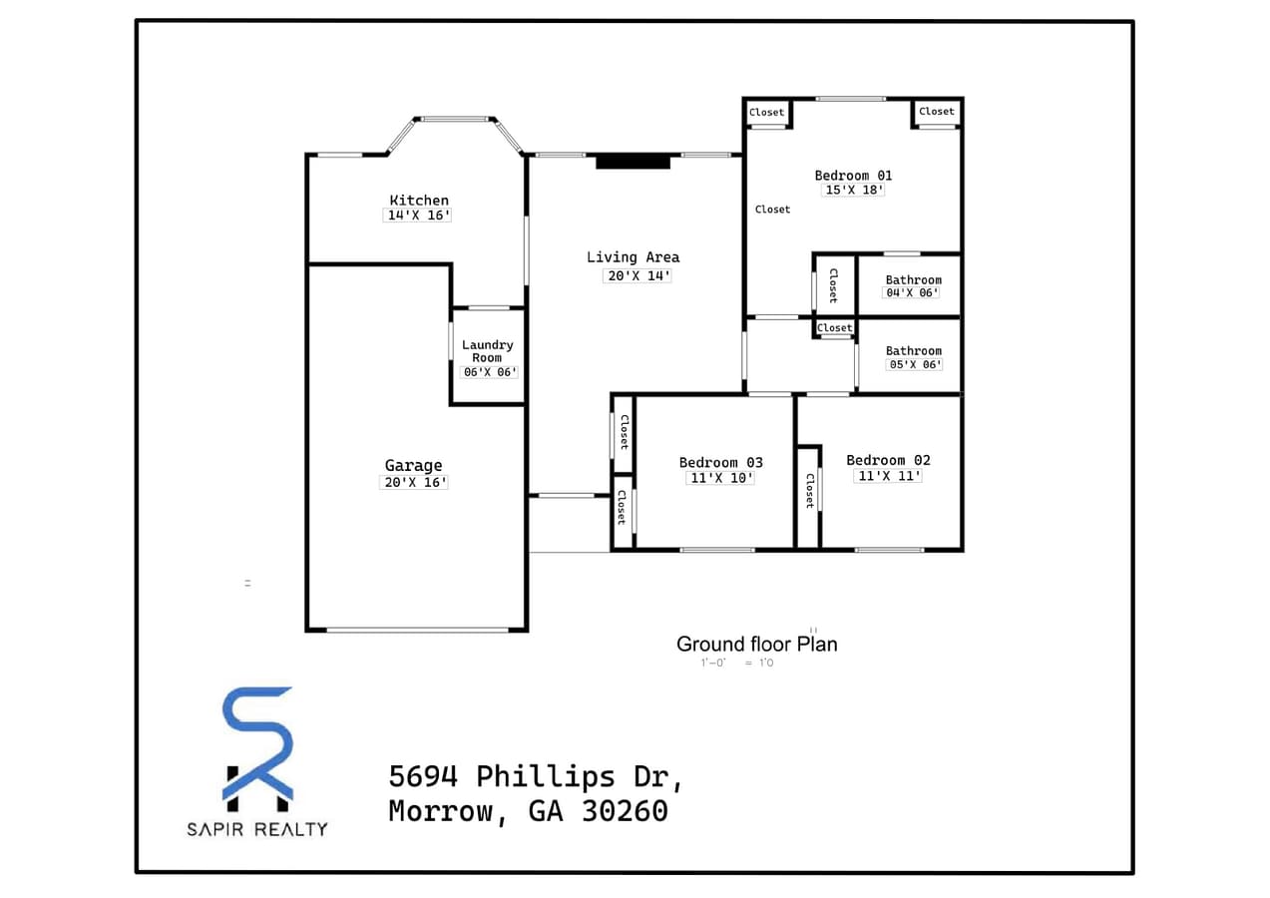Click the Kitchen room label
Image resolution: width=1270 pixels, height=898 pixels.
[x=419, y=200]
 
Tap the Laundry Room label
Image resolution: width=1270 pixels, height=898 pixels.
[x=488, y=351]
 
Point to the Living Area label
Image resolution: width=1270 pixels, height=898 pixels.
[x=633, y=257]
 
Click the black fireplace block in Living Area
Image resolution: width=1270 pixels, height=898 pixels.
[x=633, y=161]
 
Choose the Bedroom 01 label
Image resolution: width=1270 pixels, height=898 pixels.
[x=853, y=176]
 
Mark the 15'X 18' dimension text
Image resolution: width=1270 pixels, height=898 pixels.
[x=853, y=190]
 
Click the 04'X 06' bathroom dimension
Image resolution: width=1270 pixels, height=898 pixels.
[x=913, y=293]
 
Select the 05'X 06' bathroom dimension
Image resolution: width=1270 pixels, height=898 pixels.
[x=914, y=364]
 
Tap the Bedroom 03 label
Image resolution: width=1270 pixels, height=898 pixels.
[x=720, y=462]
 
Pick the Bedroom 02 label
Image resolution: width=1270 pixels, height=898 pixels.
[x=888, y=460]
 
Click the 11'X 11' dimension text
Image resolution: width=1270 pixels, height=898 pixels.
[x=888, y=476]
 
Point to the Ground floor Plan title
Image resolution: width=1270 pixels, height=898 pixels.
[x=756, y=644]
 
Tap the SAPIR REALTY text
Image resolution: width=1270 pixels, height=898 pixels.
[x=257, y=829]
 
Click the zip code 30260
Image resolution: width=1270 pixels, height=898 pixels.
[x=626, y=811]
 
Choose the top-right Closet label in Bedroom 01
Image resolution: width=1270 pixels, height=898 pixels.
[x=936, y=112]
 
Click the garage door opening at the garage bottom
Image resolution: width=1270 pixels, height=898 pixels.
[x=417, y=630]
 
